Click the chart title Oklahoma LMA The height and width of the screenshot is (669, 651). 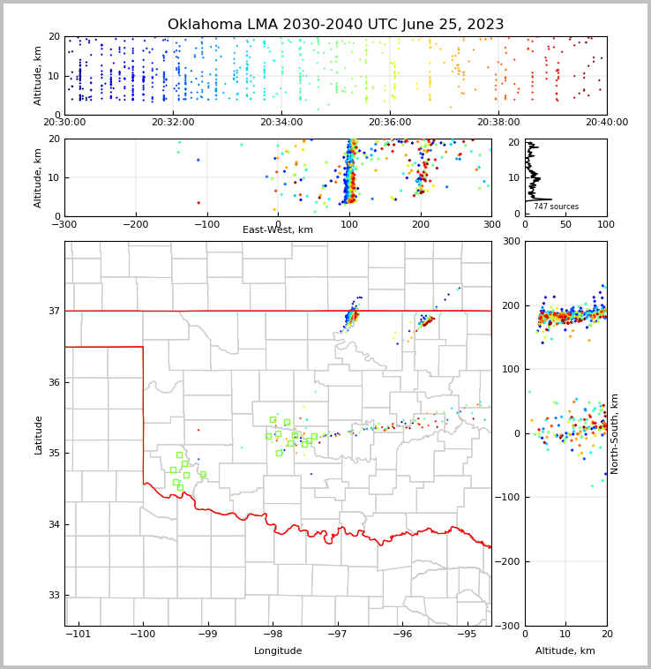point(335,25)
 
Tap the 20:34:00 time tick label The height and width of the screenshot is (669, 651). point(281,123)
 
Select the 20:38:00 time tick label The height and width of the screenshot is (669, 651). point(498,123)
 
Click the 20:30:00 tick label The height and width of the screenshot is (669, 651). point(64,123)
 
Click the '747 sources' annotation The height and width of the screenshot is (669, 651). point(556,207)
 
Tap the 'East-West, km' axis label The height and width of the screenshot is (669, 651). point(278,230)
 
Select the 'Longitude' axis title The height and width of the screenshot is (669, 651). point(278,651)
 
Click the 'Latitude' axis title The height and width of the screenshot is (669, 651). point(39,434)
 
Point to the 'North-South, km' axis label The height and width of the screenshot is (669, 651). point(615,433)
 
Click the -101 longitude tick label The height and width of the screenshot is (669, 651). point(78,635)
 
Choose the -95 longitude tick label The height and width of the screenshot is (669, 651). point(467,635)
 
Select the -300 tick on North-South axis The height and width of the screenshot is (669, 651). point(511,626)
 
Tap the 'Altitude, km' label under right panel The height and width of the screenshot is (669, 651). point(565,651)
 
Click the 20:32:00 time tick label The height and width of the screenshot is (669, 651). point(173,123)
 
